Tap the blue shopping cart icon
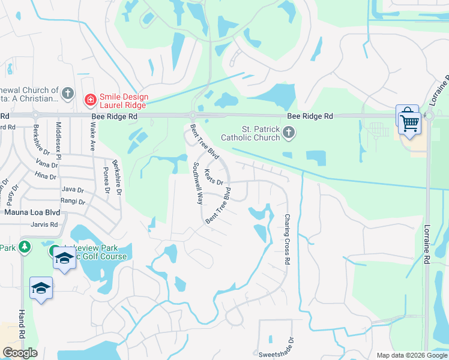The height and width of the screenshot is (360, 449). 409,122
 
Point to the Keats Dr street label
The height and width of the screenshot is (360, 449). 214,177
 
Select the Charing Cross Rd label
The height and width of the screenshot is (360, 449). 287,240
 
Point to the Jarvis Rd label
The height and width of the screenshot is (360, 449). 46,225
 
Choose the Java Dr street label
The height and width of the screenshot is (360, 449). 73,189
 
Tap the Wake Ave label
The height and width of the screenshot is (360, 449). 93,137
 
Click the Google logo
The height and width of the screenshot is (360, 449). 20,353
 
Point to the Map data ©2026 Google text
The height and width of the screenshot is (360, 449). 412,355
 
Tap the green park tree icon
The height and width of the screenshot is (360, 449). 24,247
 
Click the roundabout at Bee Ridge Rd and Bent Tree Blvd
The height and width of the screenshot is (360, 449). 193,115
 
